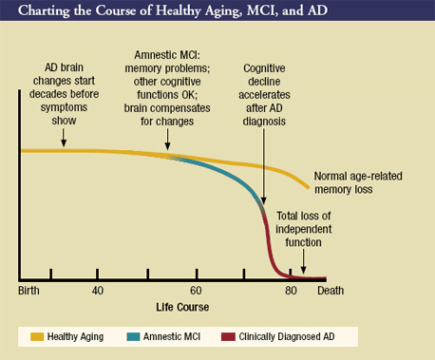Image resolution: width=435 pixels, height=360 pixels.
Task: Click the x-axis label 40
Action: (x=98, y=291)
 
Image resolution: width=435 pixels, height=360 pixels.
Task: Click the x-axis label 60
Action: (x=196, y=291)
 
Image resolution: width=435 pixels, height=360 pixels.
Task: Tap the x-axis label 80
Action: (x=291, y=291)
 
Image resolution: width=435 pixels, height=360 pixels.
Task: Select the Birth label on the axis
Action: (x=28, y=291)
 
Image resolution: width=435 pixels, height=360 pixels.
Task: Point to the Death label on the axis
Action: (x=331, y=291)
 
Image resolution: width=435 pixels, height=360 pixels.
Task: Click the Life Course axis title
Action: (x=182, y=307)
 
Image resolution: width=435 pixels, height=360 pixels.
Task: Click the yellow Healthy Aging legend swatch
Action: (x=37, y=336)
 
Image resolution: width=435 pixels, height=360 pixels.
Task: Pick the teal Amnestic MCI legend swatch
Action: (x=133, y=336)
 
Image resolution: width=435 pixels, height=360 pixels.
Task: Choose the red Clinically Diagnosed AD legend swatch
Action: (x=228, y=336)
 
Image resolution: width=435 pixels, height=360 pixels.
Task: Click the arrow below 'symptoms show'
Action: (x=64, y=138)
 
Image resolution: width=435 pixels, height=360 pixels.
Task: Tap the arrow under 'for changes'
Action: (x=167, y=140)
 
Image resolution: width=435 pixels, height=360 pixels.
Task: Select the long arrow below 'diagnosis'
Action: (x=264, y=166)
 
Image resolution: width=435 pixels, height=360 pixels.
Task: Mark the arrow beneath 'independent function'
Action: (x=303, y=261)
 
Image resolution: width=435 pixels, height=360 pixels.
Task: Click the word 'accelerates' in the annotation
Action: (x=264, y=95)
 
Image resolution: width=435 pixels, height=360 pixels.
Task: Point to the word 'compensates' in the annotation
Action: (x=182, y=108)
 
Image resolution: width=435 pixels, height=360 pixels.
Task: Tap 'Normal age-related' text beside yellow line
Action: (x=358, y=176)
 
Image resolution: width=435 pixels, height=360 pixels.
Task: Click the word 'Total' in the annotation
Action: (x=288, y=216)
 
